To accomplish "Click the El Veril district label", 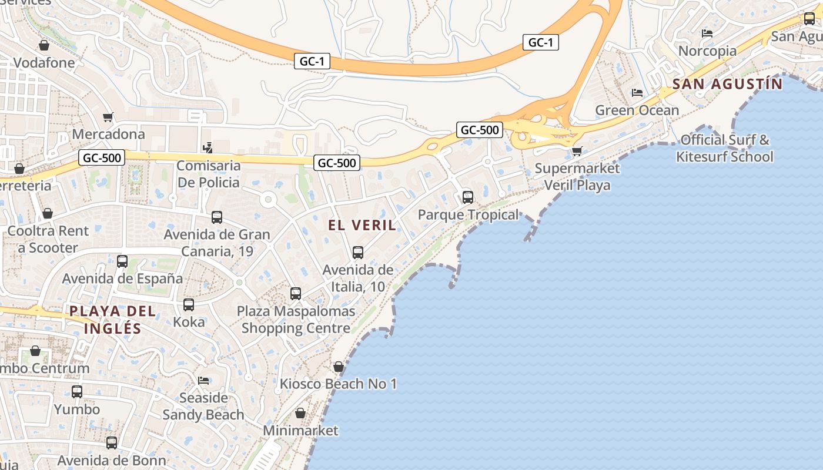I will click(x=362, y=225).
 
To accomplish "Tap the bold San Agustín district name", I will click(x=727, y=84).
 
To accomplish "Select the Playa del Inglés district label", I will click(x=113, y=320).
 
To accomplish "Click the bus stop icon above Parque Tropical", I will click(x=468, y=197).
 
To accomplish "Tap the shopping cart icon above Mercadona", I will click(x=108, y=117).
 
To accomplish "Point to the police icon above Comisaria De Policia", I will click(x=207, y=147).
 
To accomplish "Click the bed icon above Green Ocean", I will click(x=637, y=92).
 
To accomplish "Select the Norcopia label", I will click(x=707, y=51).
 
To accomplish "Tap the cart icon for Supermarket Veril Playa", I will click(x=577, y=152).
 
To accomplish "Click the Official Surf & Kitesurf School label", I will click(x=725, y=148).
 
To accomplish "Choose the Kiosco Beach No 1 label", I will click(x=338, y=384).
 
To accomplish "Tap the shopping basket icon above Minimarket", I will click(x=300, y=413).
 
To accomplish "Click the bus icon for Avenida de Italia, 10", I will click(x=358, y=253).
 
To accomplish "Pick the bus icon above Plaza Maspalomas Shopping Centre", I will click(x=296, y=293).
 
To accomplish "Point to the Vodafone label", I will click(x=44, y=63).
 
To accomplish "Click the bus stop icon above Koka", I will click(x=189, y=305).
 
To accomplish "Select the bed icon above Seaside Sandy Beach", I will click(x=203, y=381).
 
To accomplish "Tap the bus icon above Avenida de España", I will click(x=122, y=261).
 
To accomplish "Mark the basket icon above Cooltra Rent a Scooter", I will click(x=48, y=213).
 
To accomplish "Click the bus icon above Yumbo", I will click(x=77, y=391).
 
